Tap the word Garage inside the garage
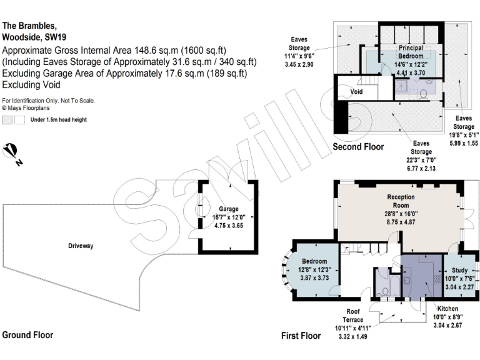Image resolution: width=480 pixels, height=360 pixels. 228,209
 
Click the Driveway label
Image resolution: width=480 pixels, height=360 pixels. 81,246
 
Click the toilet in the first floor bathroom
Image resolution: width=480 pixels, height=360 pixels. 382,289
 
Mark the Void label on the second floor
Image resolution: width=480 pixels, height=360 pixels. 357,91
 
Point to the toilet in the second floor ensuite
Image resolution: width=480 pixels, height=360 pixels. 423,94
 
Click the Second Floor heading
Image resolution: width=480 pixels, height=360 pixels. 358,147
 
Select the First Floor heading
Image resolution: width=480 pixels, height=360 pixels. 301,336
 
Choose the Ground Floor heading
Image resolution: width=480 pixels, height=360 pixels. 28,335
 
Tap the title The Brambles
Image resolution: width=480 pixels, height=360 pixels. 29,26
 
